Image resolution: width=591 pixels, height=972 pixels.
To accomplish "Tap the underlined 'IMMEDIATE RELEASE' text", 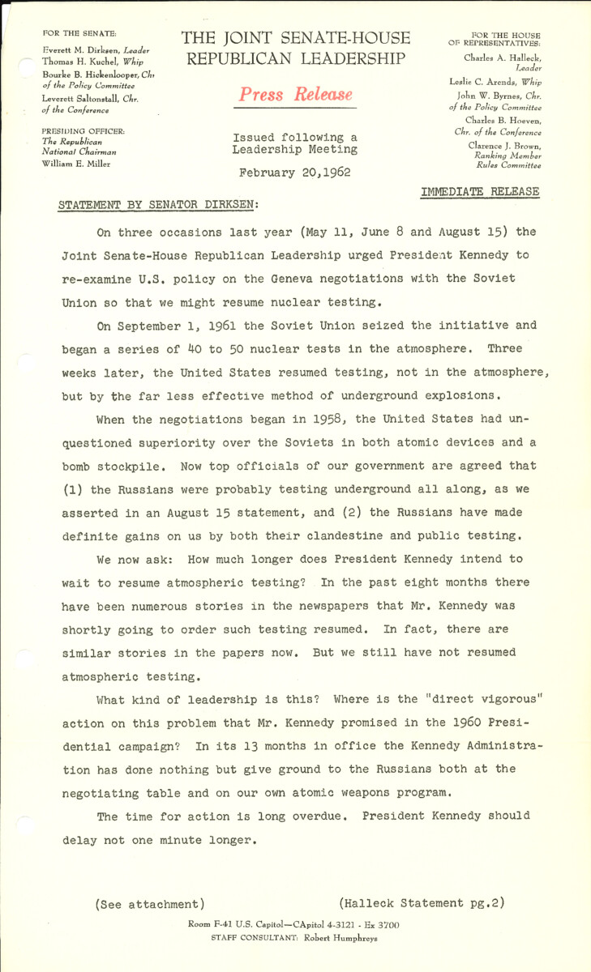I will click(479, 191).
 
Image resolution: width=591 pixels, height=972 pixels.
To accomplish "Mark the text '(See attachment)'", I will click(150, 903).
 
